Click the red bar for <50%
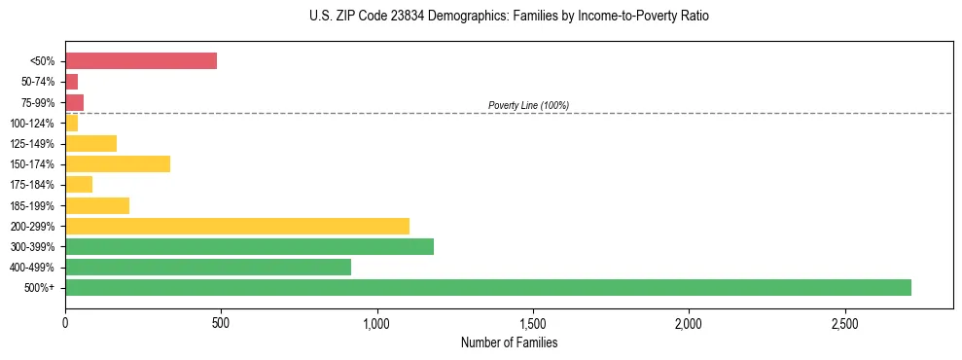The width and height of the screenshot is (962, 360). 141,61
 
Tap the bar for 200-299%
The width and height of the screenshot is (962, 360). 237,226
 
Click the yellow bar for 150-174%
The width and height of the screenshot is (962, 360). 118,164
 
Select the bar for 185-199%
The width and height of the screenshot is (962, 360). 97,205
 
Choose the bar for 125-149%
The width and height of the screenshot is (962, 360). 90,144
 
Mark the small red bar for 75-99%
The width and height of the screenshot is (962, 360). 74,102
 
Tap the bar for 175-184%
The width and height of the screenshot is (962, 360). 79,185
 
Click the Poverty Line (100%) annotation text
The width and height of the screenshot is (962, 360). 528,105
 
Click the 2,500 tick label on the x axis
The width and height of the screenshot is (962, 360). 844,322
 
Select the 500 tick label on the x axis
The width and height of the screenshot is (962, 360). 221,322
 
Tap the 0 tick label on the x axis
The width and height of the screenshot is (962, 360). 65,322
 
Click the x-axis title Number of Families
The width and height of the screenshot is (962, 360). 509,342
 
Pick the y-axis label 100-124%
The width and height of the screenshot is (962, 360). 32,124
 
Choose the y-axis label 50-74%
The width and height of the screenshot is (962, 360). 35,82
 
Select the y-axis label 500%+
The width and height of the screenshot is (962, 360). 38,288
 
